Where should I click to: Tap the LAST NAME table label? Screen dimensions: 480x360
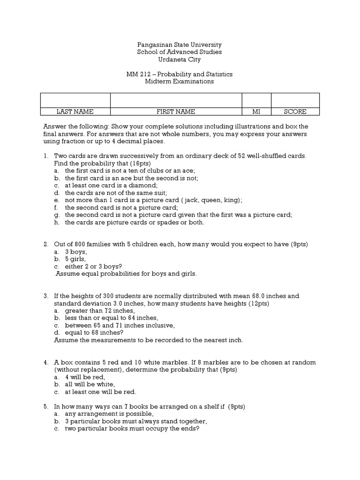(x=75, y=112)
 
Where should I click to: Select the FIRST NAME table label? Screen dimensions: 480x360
(x=176, y=112)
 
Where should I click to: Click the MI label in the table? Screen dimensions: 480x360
(x=256, y=112)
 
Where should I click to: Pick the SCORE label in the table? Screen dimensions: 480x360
(x=295, y=112)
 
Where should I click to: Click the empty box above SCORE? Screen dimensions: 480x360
(x=295, y=100)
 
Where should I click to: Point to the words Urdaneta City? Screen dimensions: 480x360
(x=180, y=59)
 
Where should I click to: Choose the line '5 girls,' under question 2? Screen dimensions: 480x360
(x=76, y=259)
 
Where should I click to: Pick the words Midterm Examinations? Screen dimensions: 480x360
(x=180, y=81)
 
